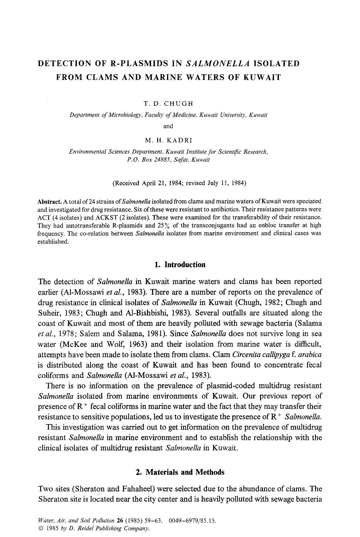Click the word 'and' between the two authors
pos(168,126)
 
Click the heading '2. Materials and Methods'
pos(180,472)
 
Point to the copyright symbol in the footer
pos(41,529)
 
